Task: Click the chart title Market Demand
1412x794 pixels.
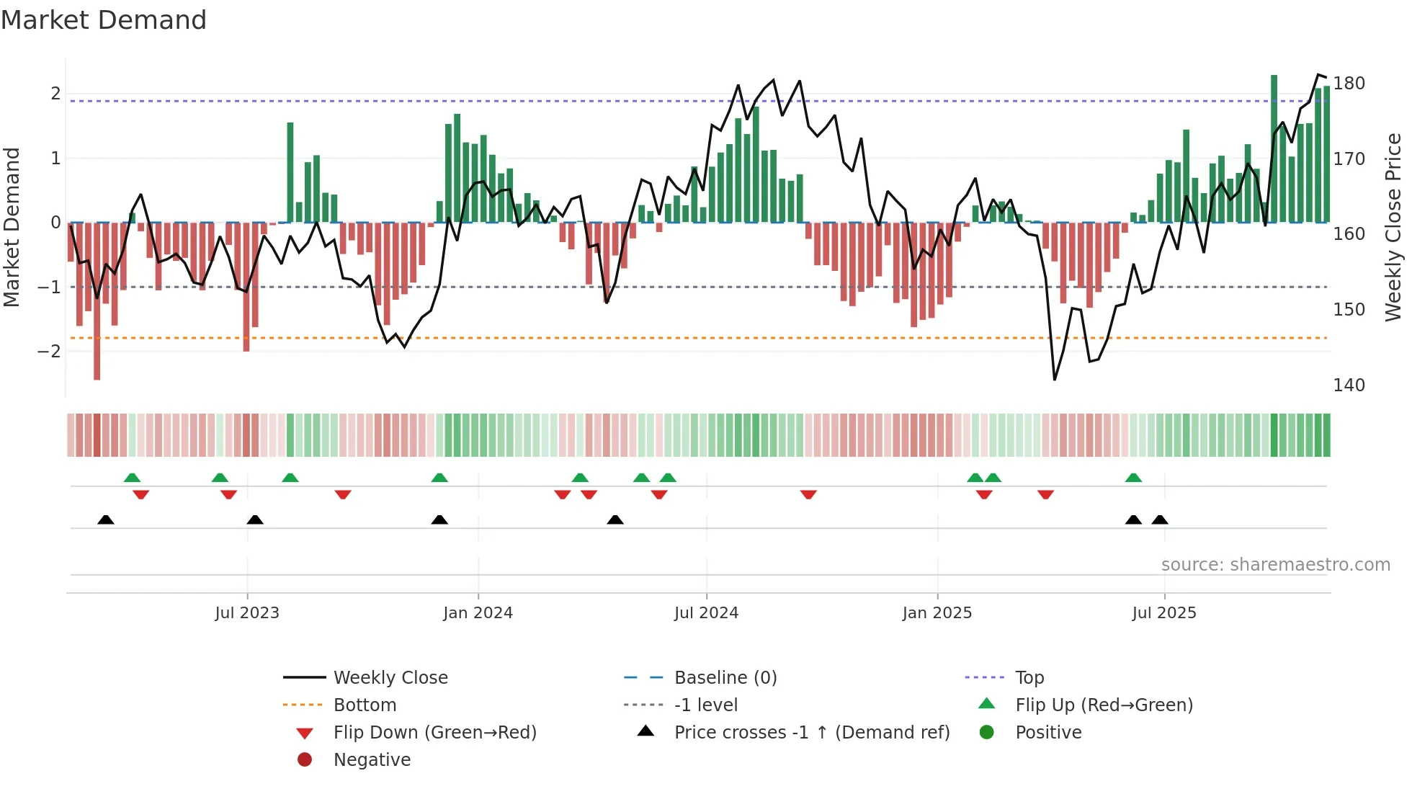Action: tap(104, 20)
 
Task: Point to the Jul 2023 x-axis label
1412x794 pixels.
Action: tap(247, 613)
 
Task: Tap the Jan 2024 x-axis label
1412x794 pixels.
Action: tap(478, 613)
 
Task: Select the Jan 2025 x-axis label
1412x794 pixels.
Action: tap(937, 613)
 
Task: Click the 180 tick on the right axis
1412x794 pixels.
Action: tap(1349, 84)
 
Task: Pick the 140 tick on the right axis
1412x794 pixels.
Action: tap(1349, 385)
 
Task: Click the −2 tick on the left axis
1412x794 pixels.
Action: tap(49, 352)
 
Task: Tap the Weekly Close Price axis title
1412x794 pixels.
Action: tap(1393, 227)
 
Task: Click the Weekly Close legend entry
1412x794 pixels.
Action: tap(390, 678)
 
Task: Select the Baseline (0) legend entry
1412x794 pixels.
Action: tap(725, 678)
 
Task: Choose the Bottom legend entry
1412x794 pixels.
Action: tap(365, 705)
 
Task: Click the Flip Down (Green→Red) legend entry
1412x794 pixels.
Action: tap(434, 733)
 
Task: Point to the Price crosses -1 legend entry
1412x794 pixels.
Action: tap(811, 733)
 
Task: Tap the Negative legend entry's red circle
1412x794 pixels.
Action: tap(305, 760)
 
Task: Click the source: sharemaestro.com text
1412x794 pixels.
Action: tap(1275, 565)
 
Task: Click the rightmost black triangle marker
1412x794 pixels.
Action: tap(1159, 519)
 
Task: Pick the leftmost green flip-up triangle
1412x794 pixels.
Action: tap(132, 478)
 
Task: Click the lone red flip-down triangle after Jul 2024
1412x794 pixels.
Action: tap(808, 494)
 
